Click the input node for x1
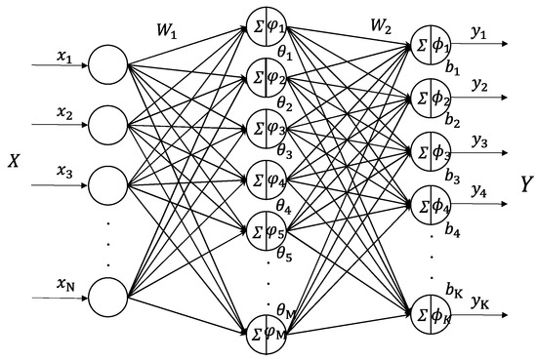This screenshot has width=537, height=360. [x=107, y=68]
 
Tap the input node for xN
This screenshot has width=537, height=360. [x=107, y=293]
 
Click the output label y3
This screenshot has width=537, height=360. [x=478, y=141]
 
